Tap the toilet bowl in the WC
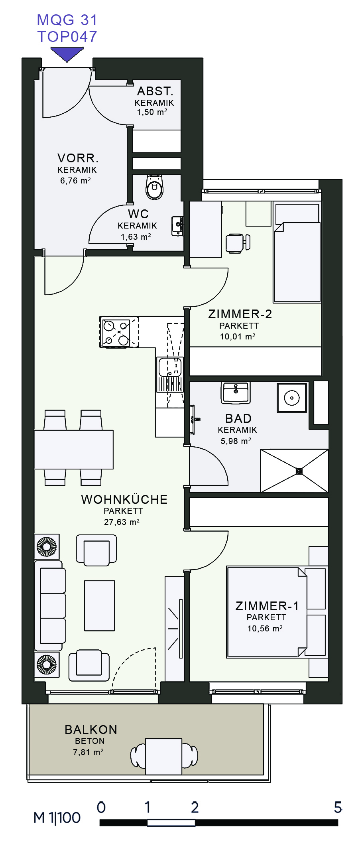[154, 187]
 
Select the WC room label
[138, 214]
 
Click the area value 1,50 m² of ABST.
[152, 112]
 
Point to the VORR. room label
[78, 158]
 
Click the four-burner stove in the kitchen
[119, 332]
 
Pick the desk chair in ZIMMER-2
[238, 243]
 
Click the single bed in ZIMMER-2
[297, 252]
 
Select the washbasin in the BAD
[236, 392]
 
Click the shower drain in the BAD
[299, 471]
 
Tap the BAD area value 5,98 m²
[236, 441]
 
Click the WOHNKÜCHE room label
[124, 499]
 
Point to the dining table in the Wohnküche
[74, 450]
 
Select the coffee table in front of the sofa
[99, 605]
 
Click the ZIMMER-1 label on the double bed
[267, 606]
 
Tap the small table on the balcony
[163, 756]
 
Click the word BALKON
[91, 730]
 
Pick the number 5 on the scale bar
[338, 807]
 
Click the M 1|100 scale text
[57, 818]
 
